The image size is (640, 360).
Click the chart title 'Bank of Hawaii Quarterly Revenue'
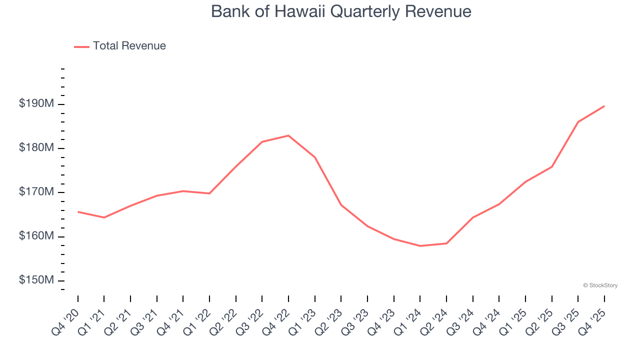click(341, 11)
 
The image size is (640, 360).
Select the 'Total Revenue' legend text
click(129, 46)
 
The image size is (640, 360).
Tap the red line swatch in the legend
click(81, 46)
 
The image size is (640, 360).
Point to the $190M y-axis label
click(36, 104)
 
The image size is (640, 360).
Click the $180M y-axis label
click(36, 148)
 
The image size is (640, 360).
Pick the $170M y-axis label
click(36, 192)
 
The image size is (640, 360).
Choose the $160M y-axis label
click(36, 236)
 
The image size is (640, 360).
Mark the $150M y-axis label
click(36, 280)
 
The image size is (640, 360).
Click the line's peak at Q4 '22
click(288, 135)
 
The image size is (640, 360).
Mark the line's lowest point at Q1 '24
click(420, 246)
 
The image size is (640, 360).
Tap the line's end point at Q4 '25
click(604, 106)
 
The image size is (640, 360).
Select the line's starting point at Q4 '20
click(78, 211)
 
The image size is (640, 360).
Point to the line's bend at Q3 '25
click(578, 122)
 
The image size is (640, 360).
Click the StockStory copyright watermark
click(600, 285)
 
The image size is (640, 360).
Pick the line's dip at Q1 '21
click(104, 217)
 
